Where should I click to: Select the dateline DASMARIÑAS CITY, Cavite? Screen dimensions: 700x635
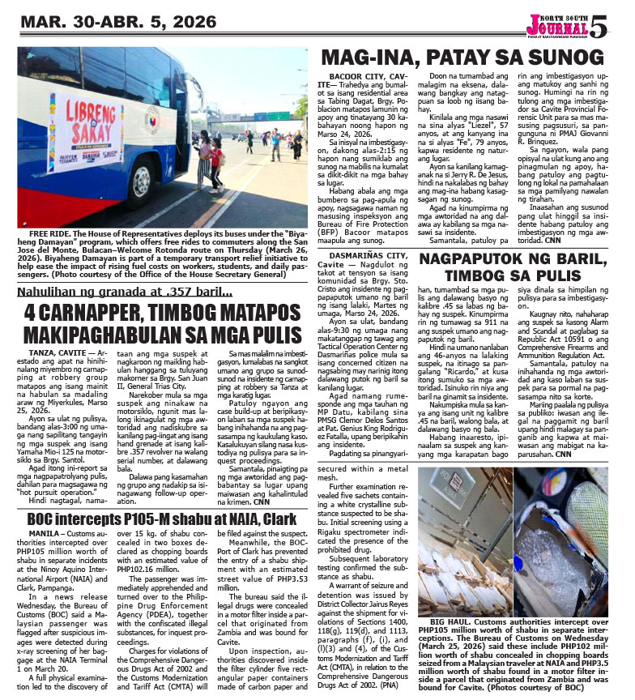pos(369,256)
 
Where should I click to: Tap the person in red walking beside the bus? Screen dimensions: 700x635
pos(216,158)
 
